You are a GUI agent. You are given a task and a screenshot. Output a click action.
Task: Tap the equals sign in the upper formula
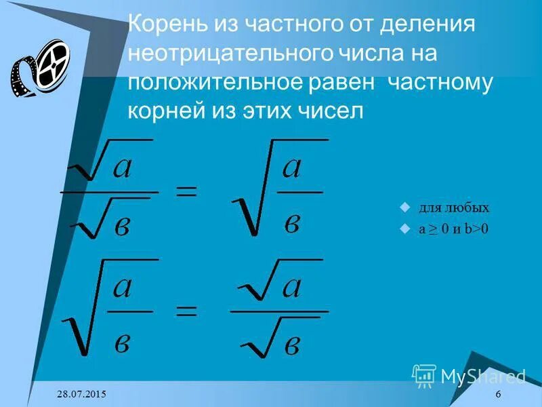click(186, 192)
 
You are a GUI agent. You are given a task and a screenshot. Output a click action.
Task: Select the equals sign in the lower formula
click(186, 311)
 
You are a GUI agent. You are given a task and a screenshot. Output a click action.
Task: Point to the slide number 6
click(499, 395)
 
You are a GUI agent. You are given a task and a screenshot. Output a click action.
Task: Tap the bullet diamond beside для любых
click(405, 208)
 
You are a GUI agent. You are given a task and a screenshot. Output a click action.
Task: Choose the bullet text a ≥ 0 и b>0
click(453, 229)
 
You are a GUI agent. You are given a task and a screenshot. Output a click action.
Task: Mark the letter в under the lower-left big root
click(123, 340)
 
